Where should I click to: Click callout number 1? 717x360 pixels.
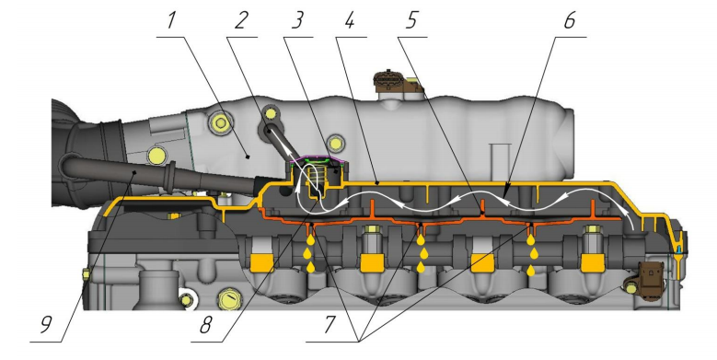(171, 20)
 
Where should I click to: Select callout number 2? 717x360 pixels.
(241, 20)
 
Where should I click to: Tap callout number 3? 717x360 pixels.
(297, 20)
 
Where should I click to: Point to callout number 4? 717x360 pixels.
(350, 20)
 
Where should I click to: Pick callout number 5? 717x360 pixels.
(412, 20)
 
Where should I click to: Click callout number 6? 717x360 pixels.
(570, 20)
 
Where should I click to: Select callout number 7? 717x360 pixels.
(330, 325)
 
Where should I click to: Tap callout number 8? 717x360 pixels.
(205, 325)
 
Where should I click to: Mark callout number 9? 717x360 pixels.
(45, 325)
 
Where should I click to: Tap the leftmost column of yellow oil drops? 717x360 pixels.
(310, 253)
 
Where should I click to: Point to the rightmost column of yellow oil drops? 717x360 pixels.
(531, 254)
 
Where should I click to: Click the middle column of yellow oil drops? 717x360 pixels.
(421, 253)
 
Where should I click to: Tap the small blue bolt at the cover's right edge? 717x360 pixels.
(678, 250)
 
